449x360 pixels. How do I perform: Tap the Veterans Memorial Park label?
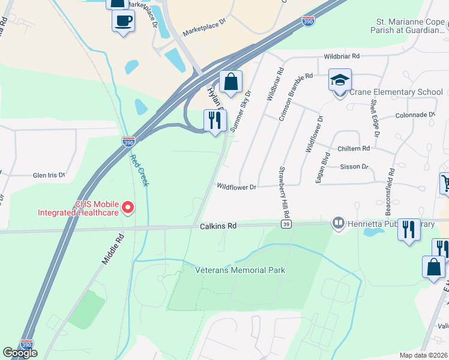tap(240, 270)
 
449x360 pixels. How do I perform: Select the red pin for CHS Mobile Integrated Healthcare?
tap(127, 208)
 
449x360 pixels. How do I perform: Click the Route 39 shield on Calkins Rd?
tap(286, 224)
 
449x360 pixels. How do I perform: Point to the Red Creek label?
tap(139, 170)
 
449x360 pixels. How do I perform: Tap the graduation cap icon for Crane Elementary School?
tap(340, 80)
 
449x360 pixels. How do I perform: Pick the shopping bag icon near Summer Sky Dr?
tap(230, 81)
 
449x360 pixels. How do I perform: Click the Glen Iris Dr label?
tap(49, 175)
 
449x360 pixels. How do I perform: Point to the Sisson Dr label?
tap(354, 166)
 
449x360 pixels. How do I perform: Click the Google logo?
tap(20, 353)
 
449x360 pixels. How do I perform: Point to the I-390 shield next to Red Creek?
tap(128, 141)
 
